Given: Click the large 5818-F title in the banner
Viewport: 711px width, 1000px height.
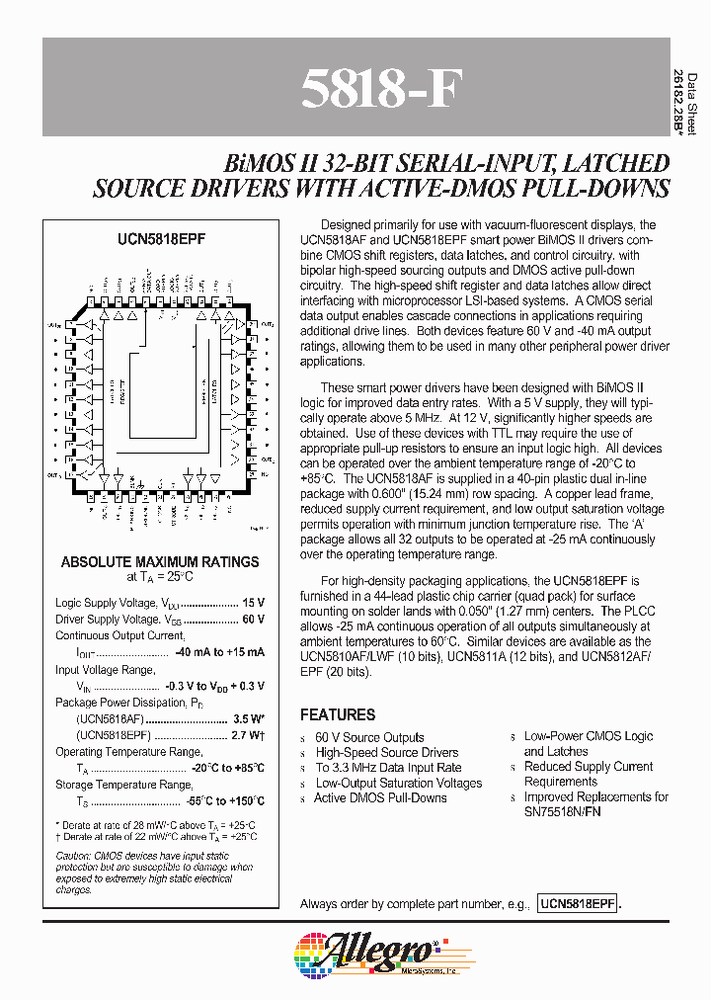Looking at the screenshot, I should (380, 90).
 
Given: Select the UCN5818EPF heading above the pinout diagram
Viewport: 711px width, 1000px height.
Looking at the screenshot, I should (160, 239).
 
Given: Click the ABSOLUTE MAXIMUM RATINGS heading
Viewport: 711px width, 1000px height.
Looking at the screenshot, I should (160, 561).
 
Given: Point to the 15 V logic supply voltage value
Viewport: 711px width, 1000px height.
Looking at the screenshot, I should (253, 602).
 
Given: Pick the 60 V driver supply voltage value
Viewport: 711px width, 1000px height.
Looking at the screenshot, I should (253, 619).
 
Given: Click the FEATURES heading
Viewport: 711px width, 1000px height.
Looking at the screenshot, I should (338, 714).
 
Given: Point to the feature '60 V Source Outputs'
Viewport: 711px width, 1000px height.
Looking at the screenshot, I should (369, 737).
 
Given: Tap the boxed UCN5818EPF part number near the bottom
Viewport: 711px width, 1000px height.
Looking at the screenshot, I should (578, 904).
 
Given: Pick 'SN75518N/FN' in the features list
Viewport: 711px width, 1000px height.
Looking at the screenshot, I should (564, 811).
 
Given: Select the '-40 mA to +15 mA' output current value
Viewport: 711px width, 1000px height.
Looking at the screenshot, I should (219, 652).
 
